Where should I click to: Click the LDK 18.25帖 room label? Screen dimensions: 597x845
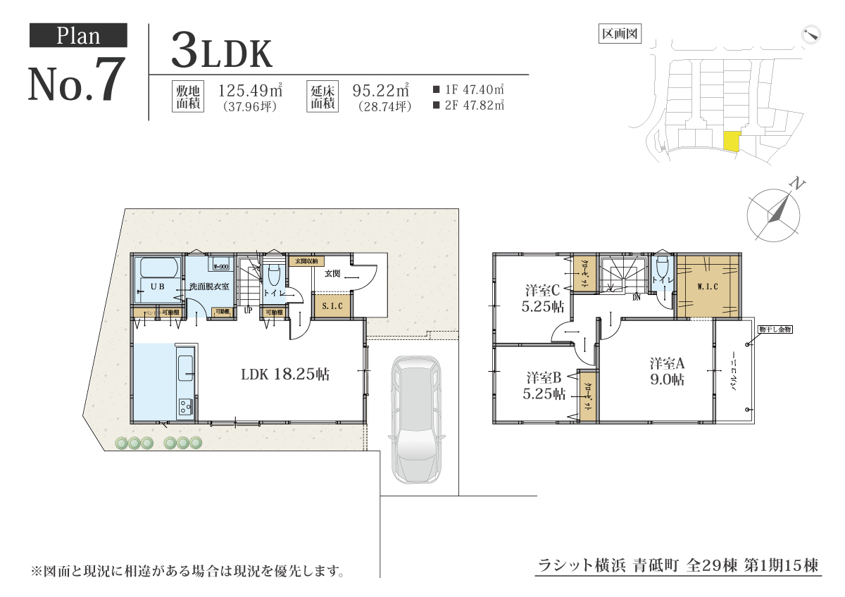pyautogui.click(x=285, y=374)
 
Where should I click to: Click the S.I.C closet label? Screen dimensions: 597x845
pyautogui.click(x=332, y=306)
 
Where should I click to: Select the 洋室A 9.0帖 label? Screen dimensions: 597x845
pyautogui.click(x=667, y=371)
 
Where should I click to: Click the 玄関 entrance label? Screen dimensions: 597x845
pyautogui.click(x=333, y=273)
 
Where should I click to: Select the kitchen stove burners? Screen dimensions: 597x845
pyautogui.click(x=186, y=406)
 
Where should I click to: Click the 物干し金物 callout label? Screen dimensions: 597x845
pyautogui.click(x=775, y=329)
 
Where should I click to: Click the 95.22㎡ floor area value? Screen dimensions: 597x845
pyautogui.click(x=380, y=90)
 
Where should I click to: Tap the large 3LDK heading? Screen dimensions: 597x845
pyautogui.click(x=221, y=51)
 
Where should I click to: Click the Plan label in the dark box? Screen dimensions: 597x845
pyautogui.click(x=78, y=36)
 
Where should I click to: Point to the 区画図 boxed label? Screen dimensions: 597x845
pyautogui.click(x=620, y=33)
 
